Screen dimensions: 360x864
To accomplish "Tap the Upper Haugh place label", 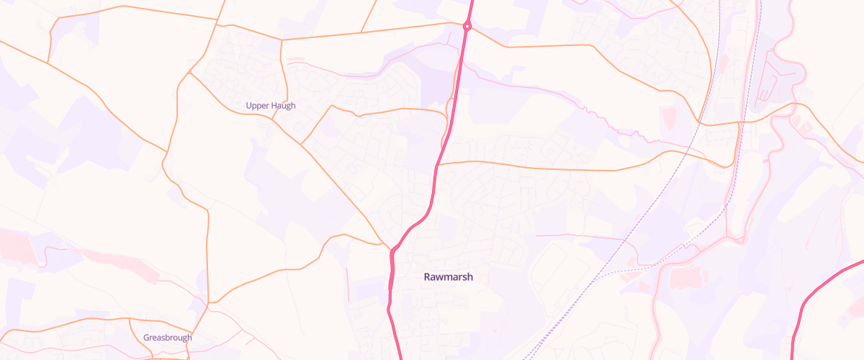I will (271, 106).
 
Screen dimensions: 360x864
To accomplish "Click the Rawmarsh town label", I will (448, 276).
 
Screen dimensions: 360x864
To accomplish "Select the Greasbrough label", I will (167, 338).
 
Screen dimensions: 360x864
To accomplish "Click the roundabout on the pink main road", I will (467, 27).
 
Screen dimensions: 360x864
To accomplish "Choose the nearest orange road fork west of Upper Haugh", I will (189, 73).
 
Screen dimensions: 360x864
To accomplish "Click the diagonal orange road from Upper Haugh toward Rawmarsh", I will (338, 187).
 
